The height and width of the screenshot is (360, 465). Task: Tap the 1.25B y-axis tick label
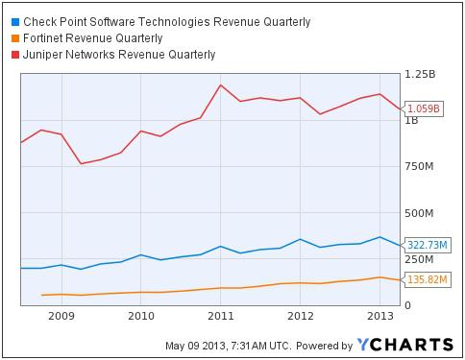pos(422,74)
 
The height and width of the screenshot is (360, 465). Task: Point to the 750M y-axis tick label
pos(422,166)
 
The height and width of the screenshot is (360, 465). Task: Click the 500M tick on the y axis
pos(422,212)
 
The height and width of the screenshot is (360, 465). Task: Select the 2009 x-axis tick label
pos(61,315)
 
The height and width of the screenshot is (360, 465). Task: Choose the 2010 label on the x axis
pos(141,315)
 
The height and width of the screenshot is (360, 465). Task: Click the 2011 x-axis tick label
pos(221,315)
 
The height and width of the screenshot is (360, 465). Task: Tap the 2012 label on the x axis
pos(301,315)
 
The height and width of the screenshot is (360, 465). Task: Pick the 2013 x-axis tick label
pos(380,315)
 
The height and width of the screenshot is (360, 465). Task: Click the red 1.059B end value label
pos(424,108)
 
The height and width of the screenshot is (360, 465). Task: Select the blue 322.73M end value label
pos(427,245)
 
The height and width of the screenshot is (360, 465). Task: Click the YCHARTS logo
pos(404,345)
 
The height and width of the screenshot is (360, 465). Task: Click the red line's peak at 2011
pos(221,84)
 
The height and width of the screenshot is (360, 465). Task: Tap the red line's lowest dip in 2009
pos(82,163)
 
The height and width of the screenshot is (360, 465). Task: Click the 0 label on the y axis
pos(407,304)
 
